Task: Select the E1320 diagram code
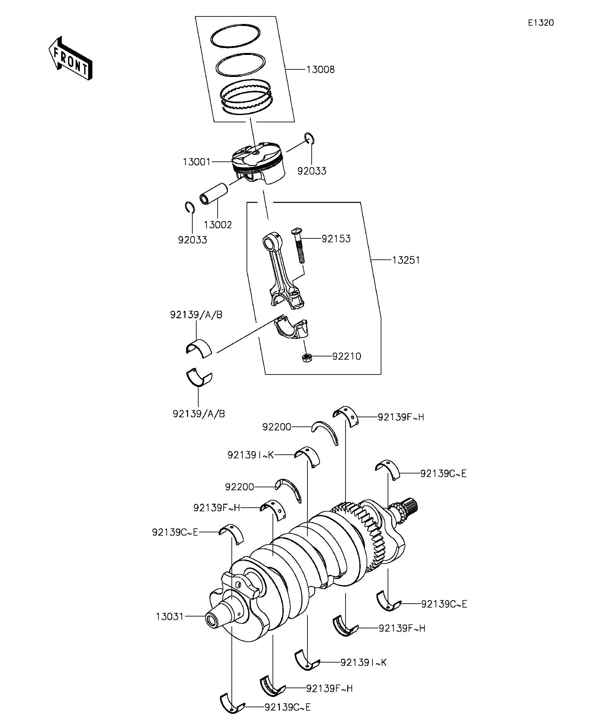[x=540, y=23]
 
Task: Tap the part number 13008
[x=320, y=70]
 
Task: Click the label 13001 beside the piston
[x=196, y=161]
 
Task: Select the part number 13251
[x=406, y=260]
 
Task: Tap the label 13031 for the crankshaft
[x=170, y=616]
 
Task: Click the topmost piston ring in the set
[x=235, y=36]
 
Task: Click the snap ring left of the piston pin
[x=188, y=208]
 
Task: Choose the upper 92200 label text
[x=277, y=427]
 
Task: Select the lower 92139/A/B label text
[x=199, y=414]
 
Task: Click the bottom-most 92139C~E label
[x=288, y=707]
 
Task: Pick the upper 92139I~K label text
[x=250, y=455]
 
